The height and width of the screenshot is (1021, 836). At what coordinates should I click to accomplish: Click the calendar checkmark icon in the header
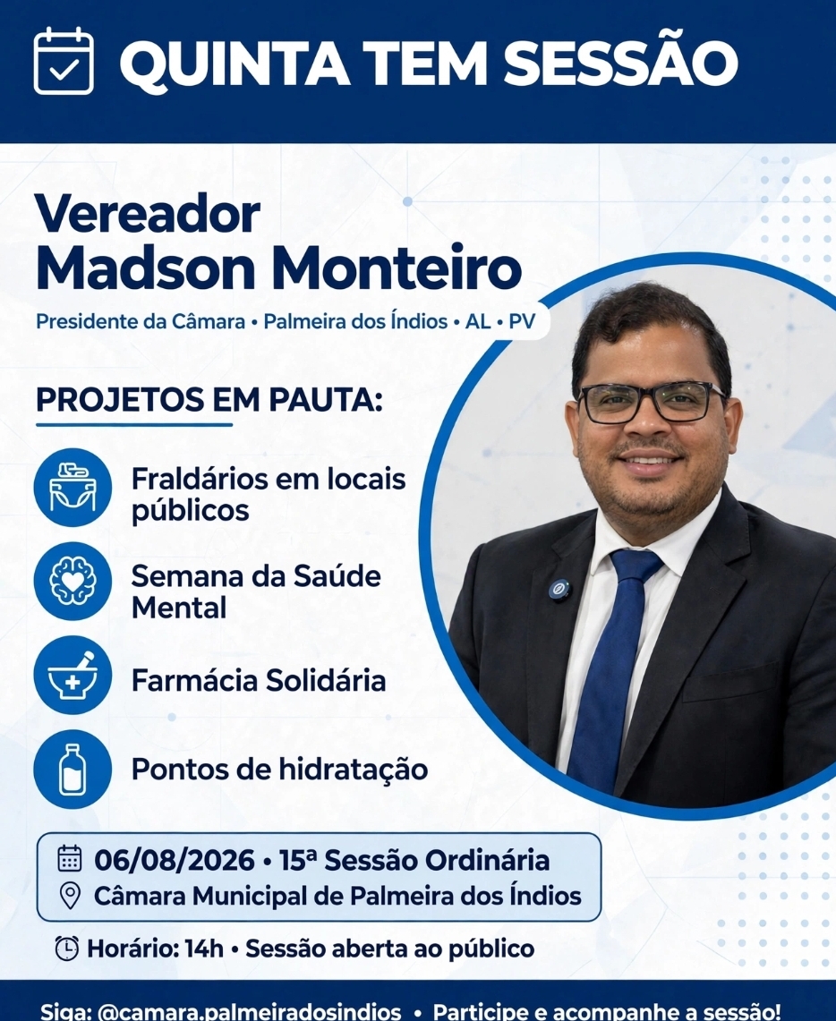tap(64, 61)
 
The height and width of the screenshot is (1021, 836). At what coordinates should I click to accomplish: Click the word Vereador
tap(148, 213)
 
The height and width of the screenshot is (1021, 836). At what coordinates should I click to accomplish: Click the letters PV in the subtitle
tap(522, 321)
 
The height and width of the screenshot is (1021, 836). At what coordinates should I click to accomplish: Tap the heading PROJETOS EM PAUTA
tap(209, 399)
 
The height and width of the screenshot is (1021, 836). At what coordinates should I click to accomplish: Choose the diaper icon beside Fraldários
tap(73, 487)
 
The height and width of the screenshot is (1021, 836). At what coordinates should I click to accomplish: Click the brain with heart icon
tap(73, 581)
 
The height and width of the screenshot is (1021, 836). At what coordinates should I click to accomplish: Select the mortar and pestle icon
tap(73, 676)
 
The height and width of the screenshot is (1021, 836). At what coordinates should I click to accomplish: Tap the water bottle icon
tap(73, 769)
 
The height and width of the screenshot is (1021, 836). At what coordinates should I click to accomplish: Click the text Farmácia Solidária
tap(259, 680)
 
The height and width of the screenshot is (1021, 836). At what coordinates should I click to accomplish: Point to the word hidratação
tap(354, 770)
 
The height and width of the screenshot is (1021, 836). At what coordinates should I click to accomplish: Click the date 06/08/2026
tap(175, 860)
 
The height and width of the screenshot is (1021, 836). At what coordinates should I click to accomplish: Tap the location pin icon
tap(70, 896)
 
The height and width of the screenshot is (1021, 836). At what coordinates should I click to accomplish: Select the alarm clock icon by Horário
tap(67, 949)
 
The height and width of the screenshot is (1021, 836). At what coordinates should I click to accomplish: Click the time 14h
tap(204, 949)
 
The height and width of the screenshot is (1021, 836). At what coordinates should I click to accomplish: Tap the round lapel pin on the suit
tap(559, 590)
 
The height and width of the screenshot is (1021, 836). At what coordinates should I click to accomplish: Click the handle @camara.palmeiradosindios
tap(249, 1011)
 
